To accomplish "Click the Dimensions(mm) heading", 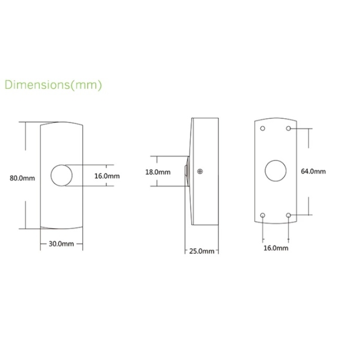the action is click(53, 85).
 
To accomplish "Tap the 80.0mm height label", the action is click(22, 178).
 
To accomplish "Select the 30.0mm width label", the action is click(61, 244).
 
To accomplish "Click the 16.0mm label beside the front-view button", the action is click(107, 176).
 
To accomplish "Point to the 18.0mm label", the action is click(158, 172).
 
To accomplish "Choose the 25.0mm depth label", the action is click(202, 251).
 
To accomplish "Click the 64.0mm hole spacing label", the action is click(313, 171).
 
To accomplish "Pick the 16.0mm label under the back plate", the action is click(276, 248).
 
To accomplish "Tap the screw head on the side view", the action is click(200, 171).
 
